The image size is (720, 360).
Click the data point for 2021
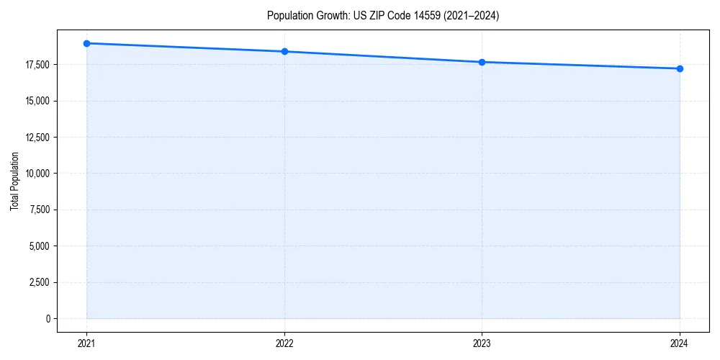click(86, 43)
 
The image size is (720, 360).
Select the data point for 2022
click(284, 51)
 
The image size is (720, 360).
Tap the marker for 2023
click(482, 62)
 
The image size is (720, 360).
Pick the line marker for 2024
click(680, 68)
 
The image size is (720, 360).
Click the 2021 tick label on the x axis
click(86, 343)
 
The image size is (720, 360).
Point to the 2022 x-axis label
click(284, 343)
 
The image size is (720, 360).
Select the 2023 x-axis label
click(482, 343)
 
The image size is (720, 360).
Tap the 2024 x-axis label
click(680, 343)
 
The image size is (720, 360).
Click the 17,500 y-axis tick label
click(37, 65)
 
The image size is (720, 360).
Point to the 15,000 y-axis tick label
click(37, 101)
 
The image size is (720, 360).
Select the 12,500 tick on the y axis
click(37, 137)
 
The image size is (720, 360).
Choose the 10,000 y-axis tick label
click(37, 174)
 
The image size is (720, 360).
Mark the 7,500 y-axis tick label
click(40, 210)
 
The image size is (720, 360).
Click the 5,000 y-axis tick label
click(40, 246)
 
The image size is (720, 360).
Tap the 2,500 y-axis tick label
click(40, 282)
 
